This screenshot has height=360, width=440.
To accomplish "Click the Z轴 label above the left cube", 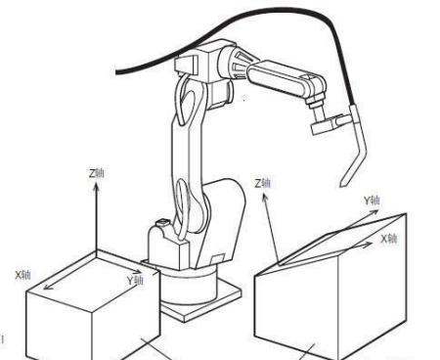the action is coord(97,173).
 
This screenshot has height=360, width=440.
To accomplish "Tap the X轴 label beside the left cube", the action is coord(22,275).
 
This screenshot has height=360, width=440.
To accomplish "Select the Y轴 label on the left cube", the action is coord(135,280).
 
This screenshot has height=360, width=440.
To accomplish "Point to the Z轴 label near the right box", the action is coord(262,183).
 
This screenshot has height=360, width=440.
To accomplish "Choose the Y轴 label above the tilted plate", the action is coord(372,201).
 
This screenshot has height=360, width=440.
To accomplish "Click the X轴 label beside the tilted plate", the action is coord(389,239).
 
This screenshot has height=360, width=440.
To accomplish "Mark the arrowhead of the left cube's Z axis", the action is coord(96,187).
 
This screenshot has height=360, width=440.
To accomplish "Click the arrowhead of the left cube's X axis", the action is coord(48,287).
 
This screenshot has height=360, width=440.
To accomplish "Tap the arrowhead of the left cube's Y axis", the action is coord(138,271).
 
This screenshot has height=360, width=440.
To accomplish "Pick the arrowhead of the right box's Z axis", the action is coord(265,197).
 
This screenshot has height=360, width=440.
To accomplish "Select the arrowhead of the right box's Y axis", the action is coord(374,212).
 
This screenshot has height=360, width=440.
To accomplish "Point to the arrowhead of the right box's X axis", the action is coord(369,244).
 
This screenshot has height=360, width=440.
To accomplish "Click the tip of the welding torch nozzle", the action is coord(341,186).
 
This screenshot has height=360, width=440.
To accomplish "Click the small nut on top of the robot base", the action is coord(162,223).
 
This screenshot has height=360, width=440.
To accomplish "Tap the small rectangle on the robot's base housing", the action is coord(215,259).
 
